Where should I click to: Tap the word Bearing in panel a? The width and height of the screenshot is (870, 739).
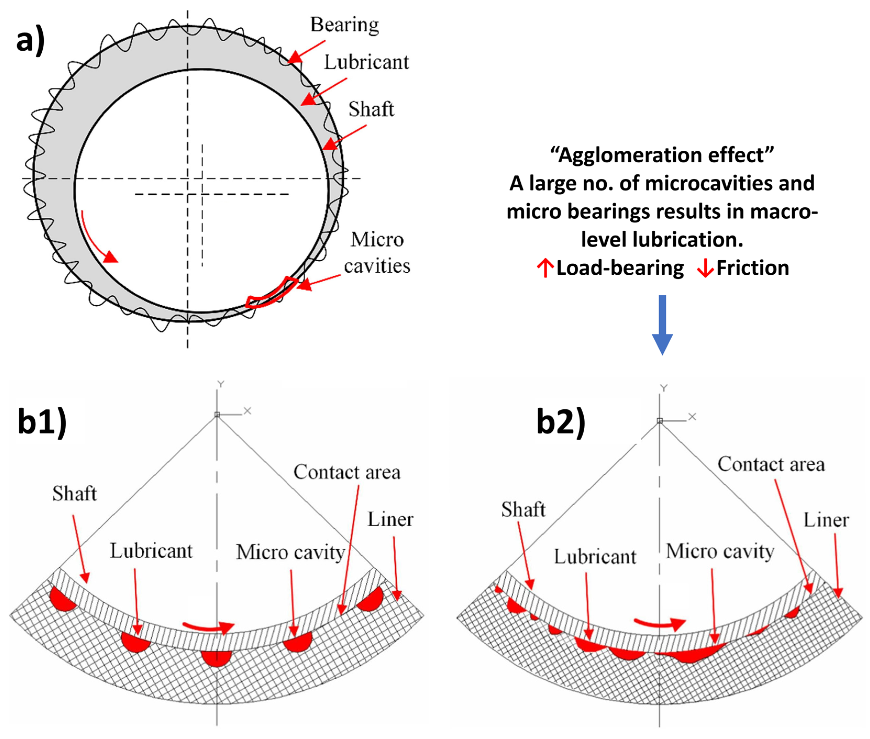click(x=344, y=25)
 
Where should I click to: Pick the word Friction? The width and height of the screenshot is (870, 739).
click(x=752, y=268)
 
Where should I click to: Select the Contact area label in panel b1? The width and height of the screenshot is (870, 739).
click(x=347, y=472)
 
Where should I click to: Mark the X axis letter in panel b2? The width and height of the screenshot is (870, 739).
click(x=692, y=417)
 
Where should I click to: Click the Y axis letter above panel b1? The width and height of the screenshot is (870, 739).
click(x=221, y=384)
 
